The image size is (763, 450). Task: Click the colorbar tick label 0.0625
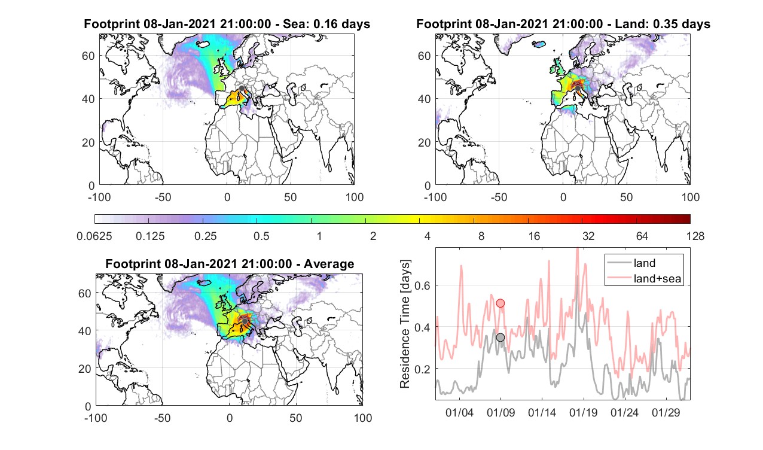(x=94, y=236)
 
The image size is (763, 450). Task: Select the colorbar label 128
(x=695, y=236)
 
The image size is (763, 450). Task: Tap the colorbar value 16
(x=534, y=236)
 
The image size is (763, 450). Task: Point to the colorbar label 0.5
(x=261, y=236)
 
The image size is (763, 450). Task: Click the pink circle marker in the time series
(x=500, y=303)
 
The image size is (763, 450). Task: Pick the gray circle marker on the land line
(x=500, y=337)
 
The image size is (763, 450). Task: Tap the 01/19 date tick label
(x=584, y=412)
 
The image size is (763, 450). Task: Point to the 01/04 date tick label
(x=459, y=412)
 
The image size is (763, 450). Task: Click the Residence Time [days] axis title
(x=405, y=324)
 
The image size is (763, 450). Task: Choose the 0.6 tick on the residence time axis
(x=422, y=285)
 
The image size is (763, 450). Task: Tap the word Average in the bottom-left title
(x=329, y=264)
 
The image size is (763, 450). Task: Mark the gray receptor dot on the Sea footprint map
(x=242, y=89)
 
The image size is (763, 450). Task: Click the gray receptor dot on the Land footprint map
(x=578, y=89)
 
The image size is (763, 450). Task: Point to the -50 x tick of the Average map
(x=163, y=418)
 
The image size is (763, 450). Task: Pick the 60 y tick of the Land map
(x=424, y=56)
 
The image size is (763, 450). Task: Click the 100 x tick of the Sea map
(x=354, y=197)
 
